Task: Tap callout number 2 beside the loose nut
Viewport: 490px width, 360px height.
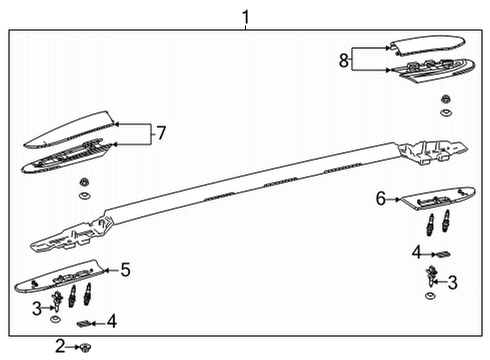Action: (61, 346)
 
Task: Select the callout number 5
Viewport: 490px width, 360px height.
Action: (125, 269)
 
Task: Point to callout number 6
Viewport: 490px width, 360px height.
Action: (380, 198)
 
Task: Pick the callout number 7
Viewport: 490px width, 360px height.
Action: (156, 133)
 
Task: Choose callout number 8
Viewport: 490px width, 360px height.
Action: (343, 60)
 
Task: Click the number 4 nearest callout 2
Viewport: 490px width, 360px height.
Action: (111, 321)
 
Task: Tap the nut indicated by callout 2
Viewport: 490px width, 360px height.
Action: (87, 346)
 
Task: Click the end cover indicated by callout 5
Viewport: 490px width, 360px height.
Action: (60, 275)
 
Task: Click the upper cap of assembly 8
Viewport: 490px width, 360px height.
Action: (425, 45)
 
